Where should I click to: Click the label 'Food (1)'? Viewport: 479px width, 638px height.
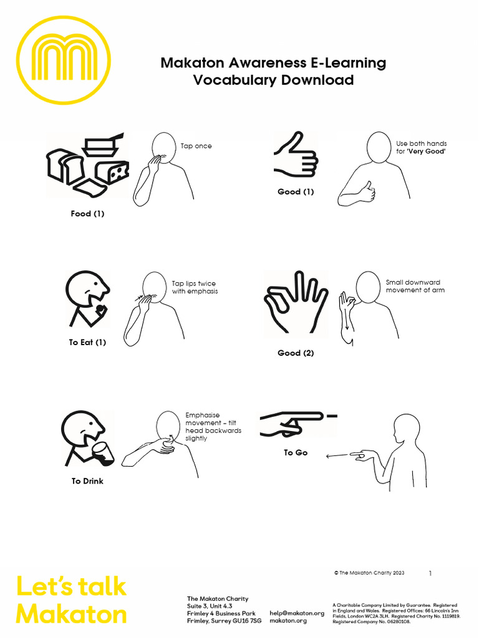[87, 214]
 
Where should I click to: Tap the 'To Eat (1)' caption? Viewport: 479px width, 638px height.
[87, 342]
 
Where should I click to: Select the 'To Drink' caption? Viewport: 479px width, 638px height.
[87, 481]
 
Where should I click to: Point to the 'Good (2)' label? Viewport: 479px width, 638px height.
[296, 353]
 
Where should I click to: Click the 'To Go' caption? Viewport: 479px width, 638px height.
[296, 452]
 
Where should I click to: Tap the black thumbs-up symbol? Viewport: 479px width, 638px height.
[296, 156]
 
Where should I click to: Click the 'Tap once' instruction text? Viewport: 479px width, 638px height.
[196, 146]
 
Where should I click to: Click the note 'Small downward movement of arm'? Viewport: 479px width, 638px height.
[415, 287]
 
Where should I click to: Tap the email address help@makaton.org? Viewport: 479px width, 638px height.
[297, 613]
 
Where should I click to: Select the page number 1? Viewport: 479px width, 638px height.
[430, 573]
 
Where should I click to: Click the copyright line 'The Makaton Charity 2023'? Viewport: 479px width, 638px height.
[369, 573]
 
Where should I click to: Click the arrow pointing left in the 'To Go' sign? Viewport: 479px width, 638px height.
[337, 455]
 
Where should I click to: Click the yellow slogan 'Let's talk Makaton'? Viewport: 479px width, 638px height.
[71, 601]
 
